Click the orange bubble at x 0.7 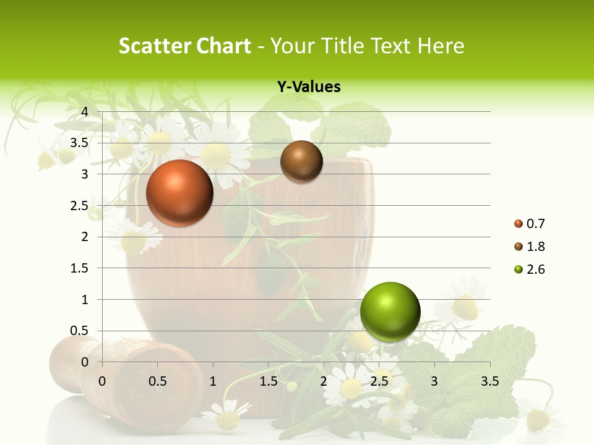click(179, 193)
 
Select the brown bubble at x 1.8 click(301, 161)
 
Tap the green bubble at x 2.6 click(390, 311)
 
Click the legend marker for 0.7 click(518, 224)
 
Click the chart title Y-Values click(309, 87)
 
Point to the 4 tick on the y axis click(85, 111)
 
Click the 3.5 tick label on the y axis click(79, 143)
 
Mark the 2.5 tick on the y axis click(79, 205)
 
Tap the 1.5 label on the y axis click(79, 268)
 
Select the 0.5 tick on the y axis click(79, 331)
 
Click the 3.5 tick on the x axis click(489, 381)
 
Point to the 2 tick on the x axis click(324, 381)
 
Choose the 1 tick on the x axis click(213, 381)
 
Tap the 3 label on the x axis click(434, 381)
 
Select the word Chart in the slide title click(222, 46)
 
